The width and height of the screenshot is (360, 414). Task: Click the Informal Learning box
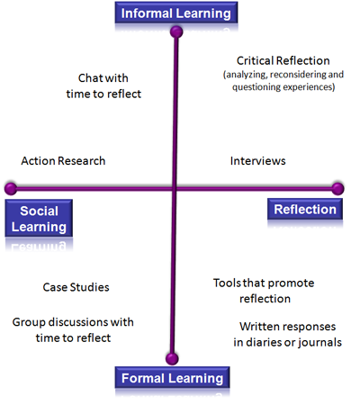176,13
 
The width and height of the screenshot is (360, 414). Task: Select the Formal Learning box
172,377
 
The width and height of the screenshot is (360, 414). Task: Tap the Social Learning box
39,219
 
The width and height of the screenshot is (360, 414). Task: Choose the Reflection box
305,209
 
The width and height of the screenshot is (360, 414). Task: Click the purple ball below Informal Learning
176,31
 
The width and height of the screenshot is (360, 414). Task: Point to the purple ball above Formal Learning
172,358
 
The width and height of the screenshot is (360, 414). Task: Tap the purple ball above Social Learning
11,189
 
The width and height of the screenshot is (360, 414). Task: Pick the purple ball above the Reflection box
337,189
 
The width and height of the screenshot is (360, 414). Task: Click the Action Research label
63,161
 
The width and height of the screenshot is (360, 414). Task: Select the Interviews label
258,161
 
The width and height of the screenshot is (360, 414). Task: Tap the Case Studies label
76,287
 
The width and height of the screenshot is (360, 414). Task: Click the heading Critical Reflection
283,60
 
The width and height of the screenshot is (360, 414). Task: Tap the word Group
29,322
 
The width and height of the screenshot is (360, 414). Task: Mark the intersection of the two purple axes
175,189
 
